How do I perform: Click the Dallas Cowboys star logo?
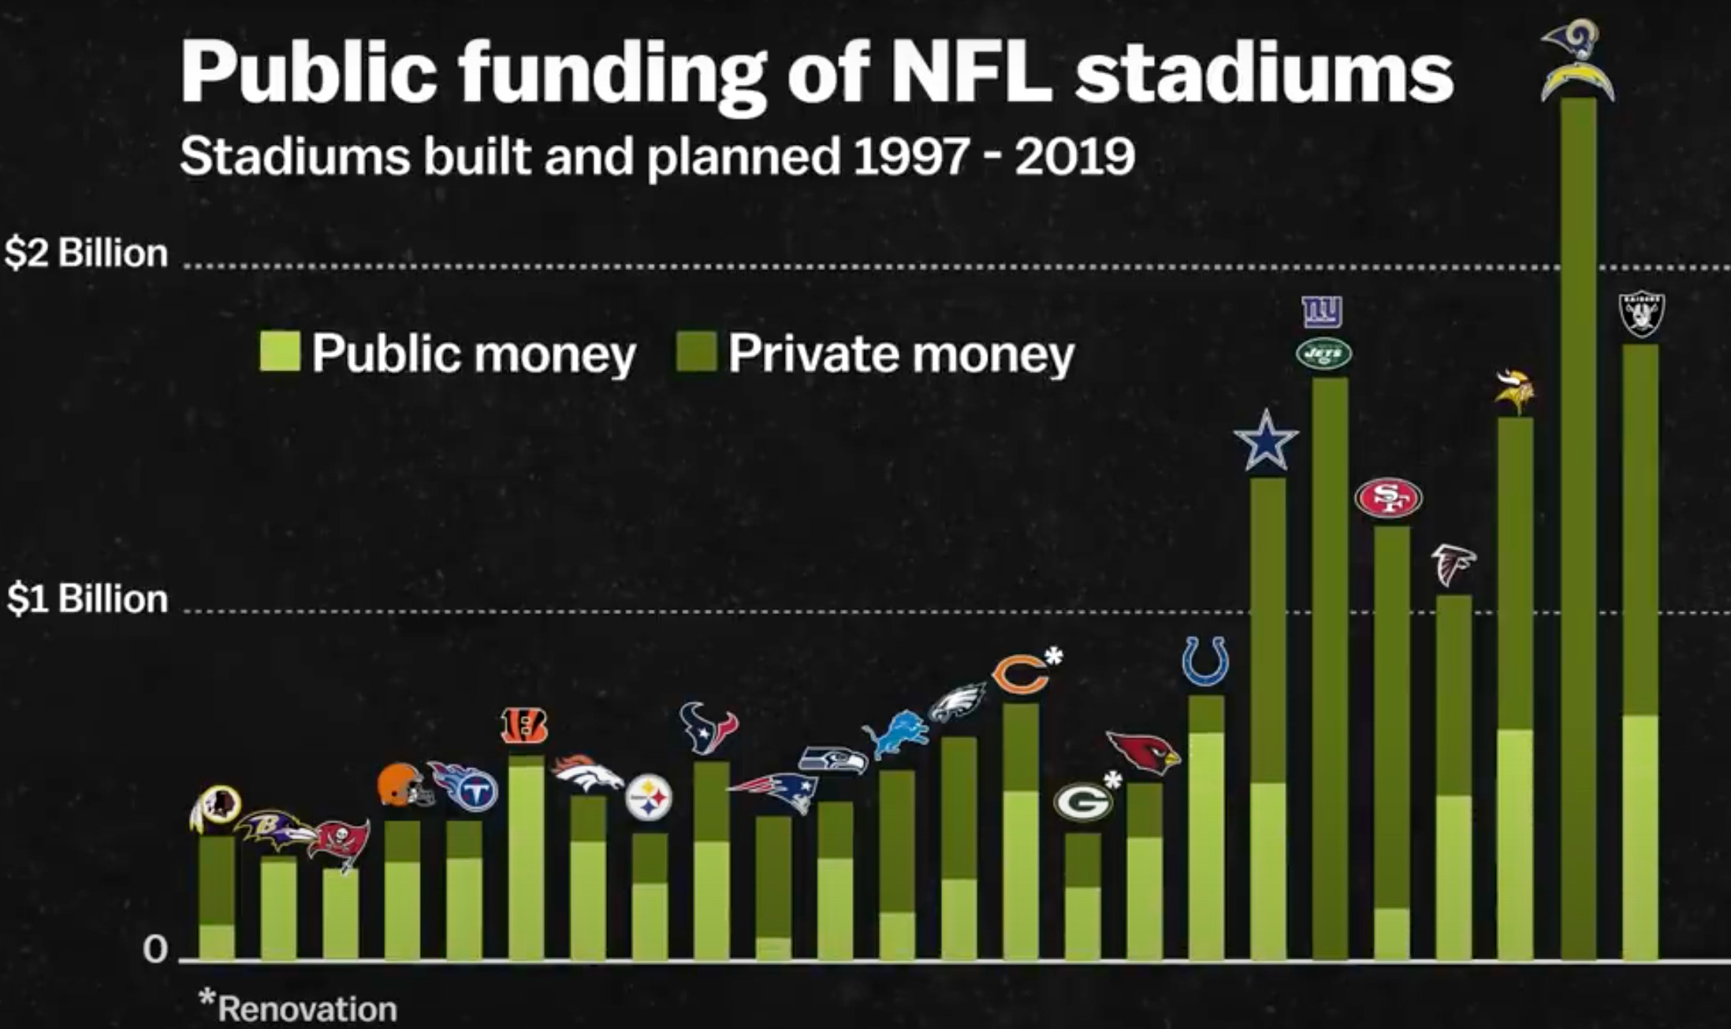[x=1265, y=441]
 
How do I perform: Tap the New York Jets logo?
[x=1324, y=354]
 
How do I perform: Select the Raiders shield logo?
[x=1641, y=314]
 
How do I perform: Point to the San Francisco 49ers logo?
[x=1388, y=498]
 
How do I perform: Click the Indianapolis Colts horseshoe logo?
[x=1204, y=661]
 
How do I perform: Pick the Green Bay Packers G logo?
[x=1081, y=802]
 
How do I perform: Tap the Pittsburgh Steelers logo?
[x=649, y=798]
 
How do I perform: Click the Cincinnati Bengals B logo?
[x=524, y=726]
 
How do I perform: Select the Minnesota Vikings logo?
[x=1515, y=392]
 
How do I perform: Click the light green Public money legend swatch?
[x=280, y=351]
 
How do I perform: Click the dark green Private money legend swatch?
[x=696, y=351]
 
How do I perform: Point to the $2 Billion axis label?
[x=86, y=254]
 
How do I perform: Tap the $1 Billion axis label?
[x=87, y=600]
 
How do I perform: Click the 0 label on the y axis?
[x=155, y=949]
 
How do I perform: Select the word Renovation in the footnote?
[x=307, y=1009]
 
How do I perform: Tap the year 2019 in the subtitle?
[x=1075, y=156]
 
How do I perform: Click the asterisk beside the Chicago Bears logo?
[x=1054, y=656]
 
